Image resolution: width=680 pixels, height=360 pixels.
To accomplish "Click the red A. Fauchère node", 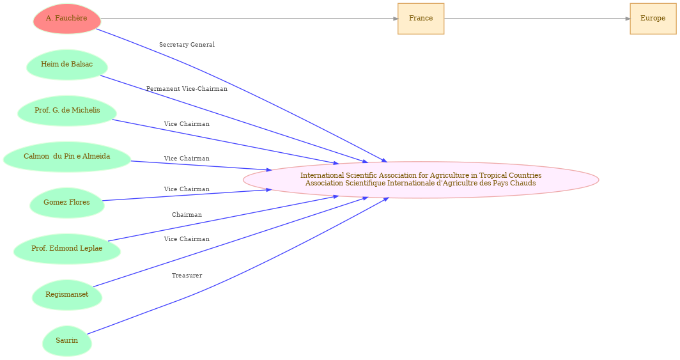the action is [66, 19].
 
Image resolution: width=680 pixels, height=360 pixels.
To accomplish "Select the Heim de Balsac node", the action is [66, 65].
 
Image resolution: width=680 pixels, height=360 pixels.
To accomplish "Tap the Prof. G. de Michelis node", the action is [66, 111].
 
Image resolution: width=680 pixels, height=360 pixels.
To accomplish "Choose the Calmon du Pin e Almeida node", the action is [66, 157].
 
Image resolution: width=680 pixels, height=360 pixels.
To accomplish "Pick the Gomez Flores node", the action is [66, 203].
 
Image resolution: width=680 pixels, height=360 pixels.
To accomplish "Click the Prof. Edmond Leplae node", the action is [66, 249].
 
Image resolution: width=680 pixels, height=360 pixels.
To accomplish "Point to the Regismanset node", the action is [66, 295].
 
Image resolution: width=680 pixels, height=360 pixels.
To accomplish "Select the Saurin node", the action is [66, 340].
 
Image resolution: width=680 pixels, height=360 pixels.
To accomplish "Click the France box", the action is [421, 19].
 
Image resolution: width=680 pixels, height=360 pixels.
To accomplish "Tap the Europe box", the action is [653, 19].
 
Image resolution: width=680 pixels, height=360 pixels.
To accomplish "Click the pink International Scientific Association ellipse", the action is [421, 180].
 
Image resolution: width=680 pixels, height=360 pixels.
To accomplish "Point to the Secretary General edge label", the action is [187, 45].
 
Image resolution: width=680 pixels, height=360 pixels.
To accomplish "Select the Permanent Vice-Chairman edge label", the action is [187, 89].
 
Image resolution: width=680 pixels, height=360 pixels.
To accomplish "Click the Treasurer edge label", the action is [187, 276].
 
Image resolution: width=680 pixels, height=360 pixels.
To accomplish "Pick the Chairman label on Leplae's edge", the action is [187, 215].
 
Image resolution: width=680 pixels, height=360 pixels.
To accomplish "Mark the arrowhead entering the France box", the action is [396, 19].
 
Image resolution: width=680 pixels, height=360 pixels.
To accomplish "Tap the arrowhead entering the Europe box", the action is [628, 19].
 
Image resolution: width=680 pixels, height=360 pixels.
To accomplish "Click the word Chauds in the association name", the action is [524, 183].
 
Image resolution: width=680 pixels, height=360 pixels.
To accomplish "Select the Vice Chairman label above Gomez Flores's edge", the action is [187, 189].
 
